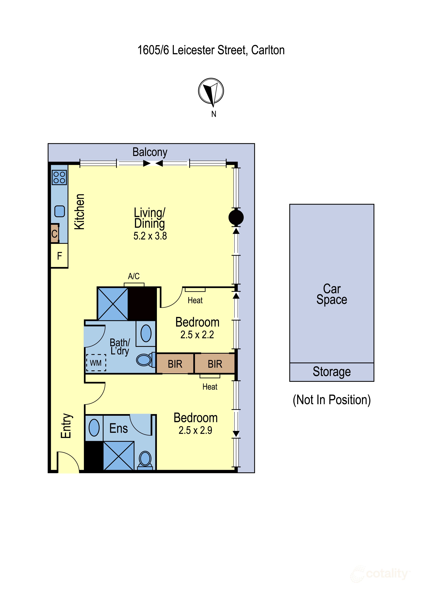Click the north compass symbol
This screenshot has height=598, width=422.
point(211,91)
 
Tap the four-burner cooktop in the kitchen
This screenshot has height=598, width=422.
point(59,177)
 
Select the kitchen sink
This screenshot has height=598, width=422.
point(60,211)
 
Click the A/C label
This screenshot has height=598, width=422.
point(134,276)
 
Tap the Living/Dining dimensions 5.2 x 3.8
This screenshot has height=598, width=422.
point(150,236)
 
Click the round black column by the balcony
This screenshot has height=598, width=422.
point(236,217)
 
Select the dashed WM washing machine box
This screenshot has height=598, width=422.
point(96,363)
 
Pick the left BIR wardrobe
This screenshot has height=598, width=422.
point(175,364)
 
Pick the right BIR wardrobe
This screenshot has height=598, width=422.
point(215,364)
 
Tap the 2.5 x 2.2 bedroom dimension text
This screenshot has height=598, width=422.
point(197,335)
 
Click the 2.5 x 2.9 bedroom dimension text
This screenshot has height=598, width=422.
point(195,430)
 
